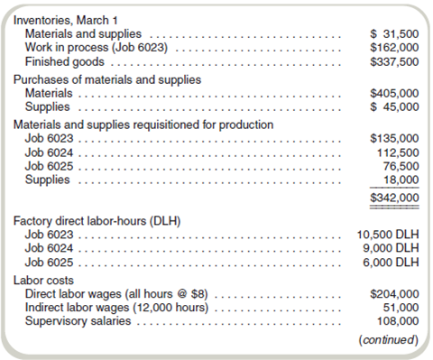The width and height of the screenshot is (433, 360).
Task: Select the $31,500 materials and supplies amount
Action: (x=394, y=33)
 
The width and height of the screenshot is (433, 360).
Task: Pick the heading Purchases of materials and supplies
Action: (x=107, y=79)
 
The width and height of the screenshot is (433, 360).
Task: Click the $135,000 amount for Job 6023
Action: (x=394, y=140)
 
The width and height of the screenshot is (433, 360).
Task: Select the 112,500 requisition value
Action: (x=397, y=153)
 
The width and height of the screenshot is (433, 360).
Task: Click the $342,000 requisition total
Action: (x=394, y=198)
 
